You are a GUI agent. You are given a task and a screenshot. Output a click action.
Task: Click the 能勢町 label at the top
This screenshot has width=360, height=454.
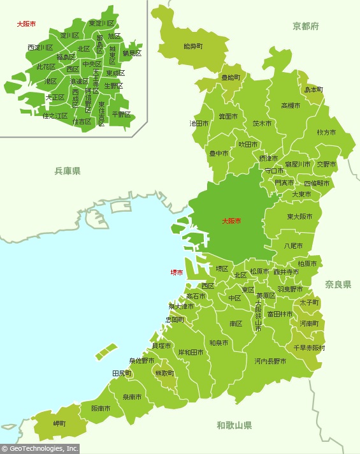[x=192, y=47]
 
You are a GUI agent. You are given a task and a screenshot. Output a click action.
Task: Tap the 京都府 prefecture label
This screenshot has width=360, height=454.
[x=305, y=26]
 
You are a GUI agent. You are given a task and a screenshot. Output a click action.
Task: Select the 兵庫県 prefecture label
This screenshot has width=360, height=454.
[x=67, y=171]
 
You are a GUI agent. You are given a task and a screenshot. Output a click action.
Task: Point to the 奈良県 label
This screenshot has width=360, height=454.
[x=338, y=284]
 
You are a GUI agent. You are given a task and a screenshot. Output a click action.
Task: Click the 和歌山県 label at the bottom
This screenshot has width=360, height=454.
[x=234, y=425]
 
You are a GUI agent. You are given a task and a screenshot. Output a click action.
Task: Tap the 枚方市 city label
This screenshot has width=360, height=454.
[x=326, y=132]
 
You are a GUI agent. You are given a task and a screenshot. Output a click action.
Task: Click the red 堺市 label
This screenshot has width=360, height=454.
[x=176, y=272]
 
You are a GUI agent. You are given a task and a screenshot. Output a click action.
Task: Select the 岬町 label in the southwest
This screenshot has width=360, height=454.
[x=60, y=423]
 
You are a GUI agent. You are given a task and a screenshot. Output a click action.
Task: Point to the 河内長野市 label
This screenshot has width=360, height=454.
[x=270, y=361]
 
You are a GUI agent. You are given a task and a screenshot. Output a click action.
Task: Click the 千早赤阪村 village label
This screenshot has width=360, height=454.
[x=309, y=348]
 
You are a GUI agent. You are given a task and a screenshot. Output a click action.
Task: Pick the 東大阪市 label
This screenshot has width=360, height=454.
[x=299, y=217]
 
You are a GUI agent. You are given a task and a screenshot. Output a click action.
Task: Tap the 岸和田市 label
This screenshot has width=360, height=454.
[x=191, y=352]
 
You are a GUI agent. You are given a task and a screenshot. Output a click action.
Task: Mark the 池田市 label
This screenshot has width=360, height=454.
[x=199, y=123]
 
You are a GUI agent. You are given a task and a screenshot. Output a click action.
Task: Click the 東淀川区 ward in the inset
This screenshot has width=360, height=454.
[x=101, y=23]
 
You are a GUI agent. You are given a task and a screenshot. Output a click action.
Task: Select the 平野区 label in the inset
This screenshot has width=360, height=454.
[x=121, y=115]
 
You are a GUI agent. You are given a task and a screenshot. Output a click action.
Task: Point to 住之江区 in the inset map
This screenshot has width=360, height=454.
[x=55, y=116]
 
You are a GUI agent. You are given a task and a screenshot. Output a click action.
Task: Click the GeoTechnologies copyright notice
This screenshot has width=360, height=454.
[x=40, y=449]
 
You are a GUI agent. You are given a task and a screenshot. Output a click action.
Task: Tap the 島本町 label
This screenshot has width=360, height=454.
[x=313, y=90]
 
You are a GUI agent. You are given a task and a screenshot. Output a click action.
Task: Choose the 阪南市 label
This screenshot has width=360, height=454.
[x=101, y=408]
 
